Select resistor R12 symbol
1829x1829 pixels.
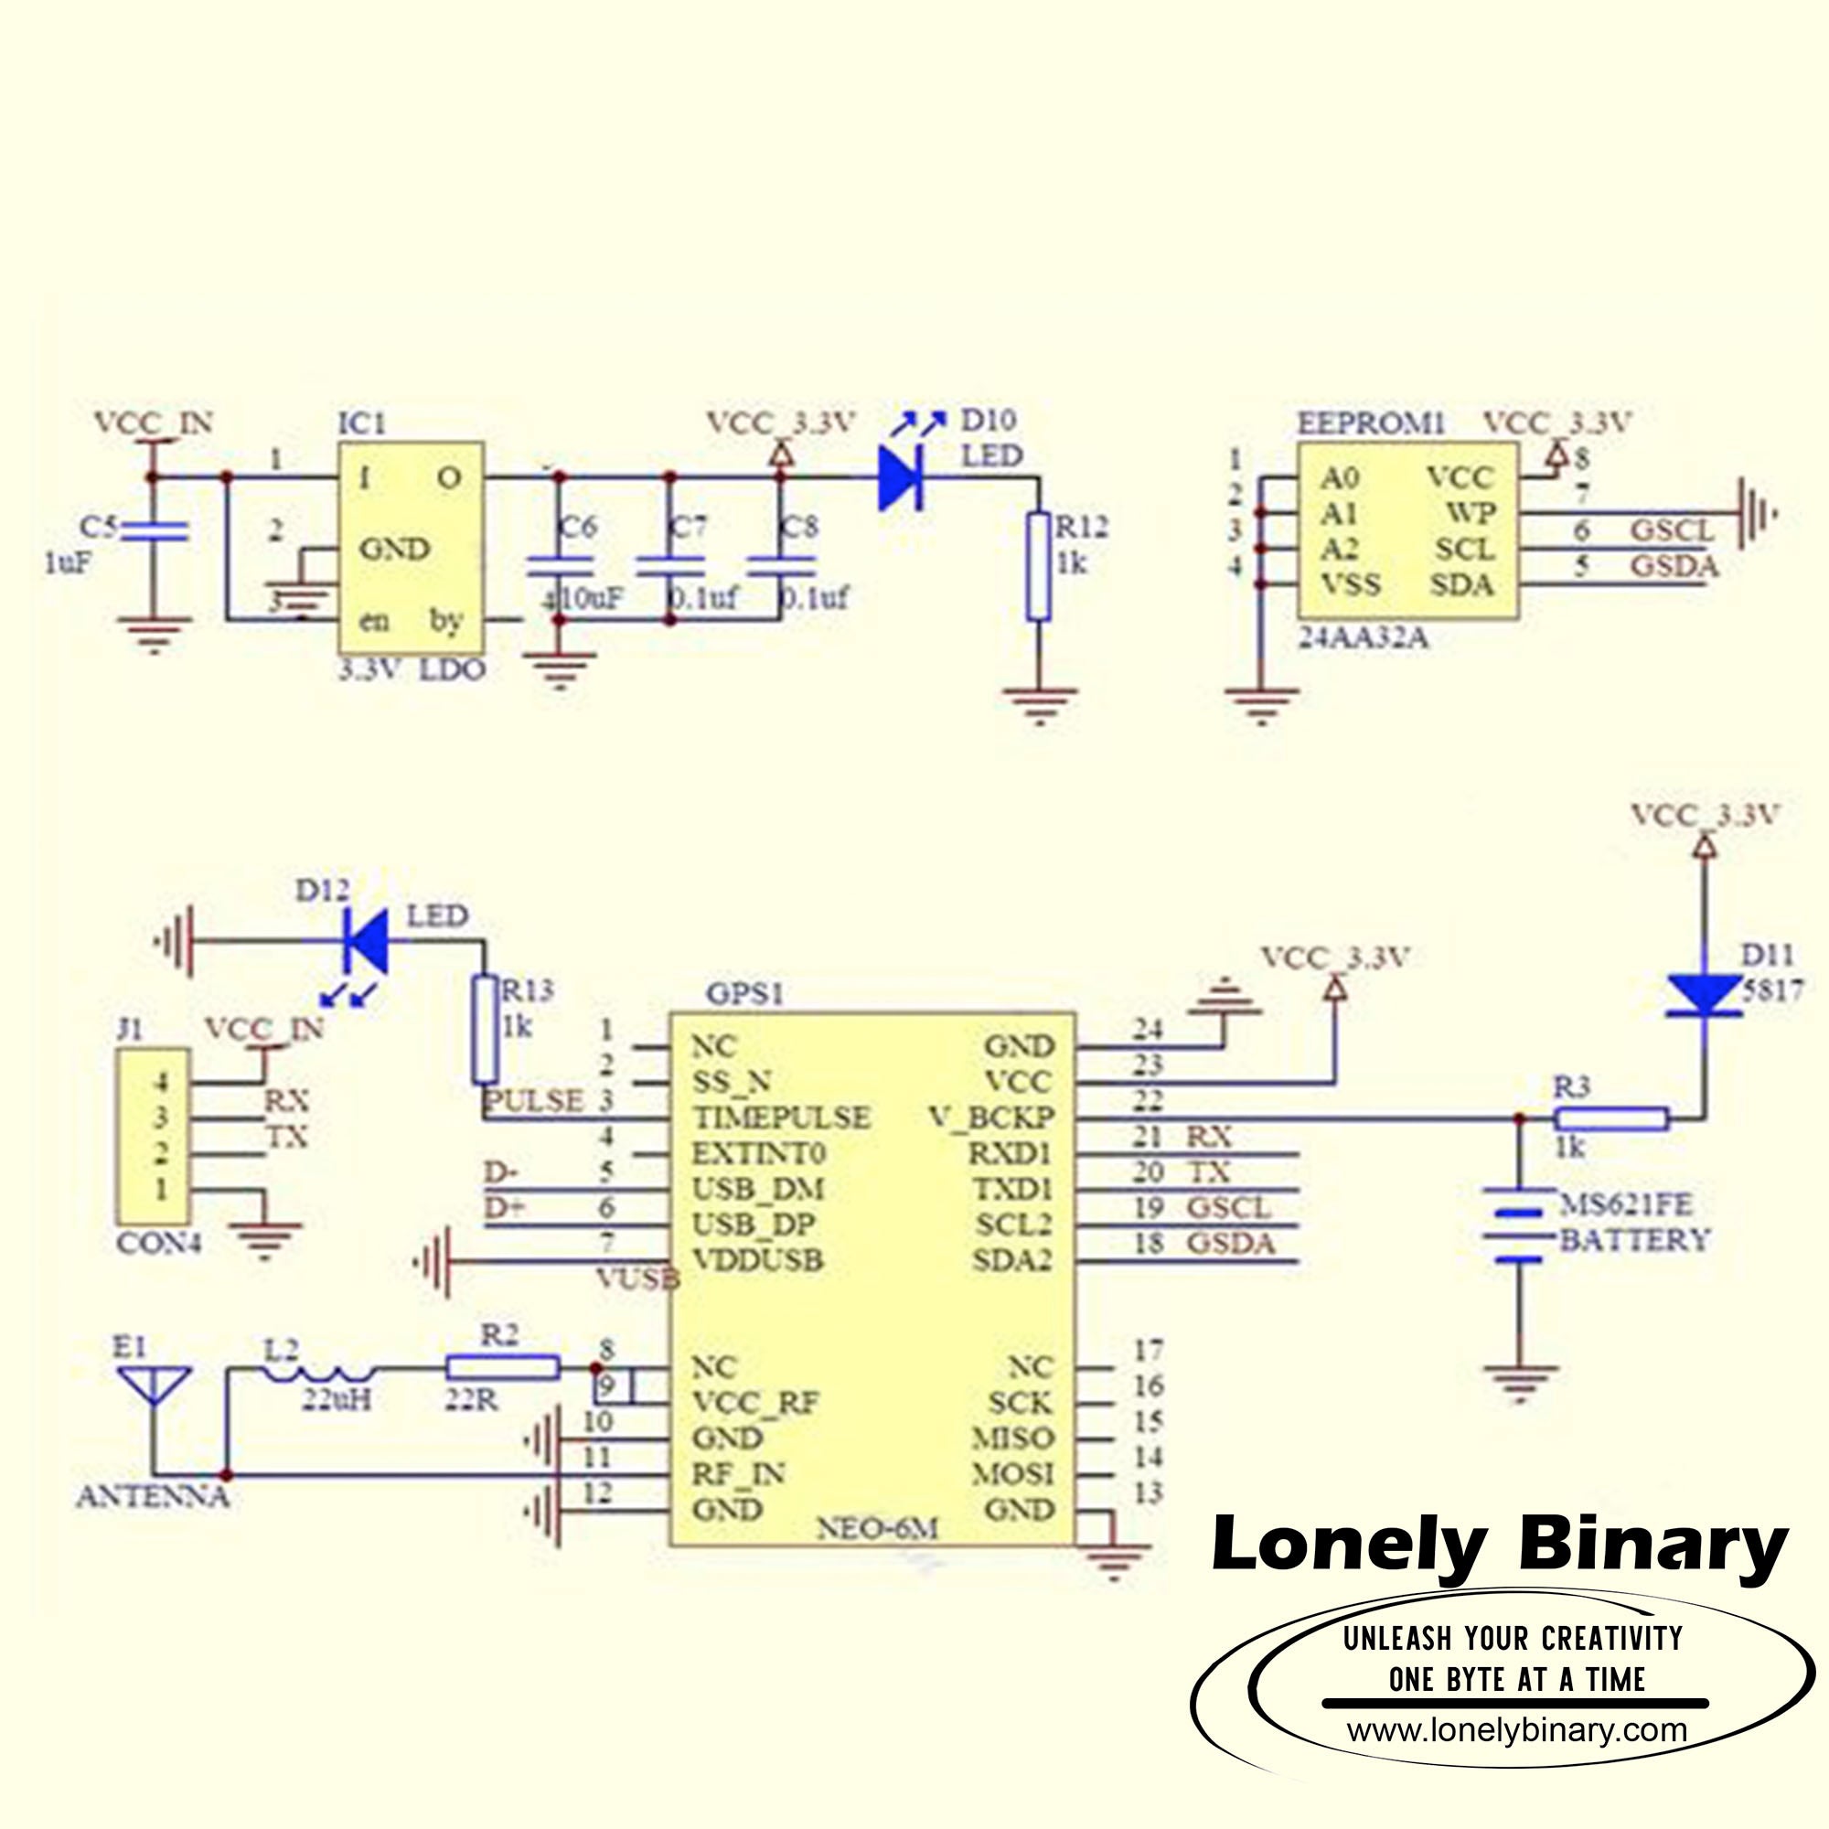click(1039, 567)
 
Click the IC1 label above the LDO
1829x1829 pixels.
click(361, 423)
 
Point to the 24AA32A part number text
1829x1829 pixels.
click(1364, 638)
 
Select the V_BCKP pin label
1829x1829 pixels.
click(990, 1118)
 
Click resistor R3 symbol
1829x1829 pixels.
click(1611, 1119)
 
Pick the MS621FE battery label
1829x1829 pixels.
click(1624, 1204)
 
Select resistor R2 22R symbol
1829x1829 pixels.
click(503, 1367)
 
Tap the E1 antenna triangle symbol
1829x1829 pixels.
click(153, 1387)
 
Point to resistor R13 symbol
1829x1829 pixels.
click(486, 1030)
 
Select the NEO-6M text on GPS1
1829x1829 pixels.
click(877, 1529)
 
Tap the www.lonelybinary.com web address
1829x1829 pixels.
click(1516, 1729)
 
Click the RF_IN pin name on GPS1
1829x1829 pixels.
click(737, 1474)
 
